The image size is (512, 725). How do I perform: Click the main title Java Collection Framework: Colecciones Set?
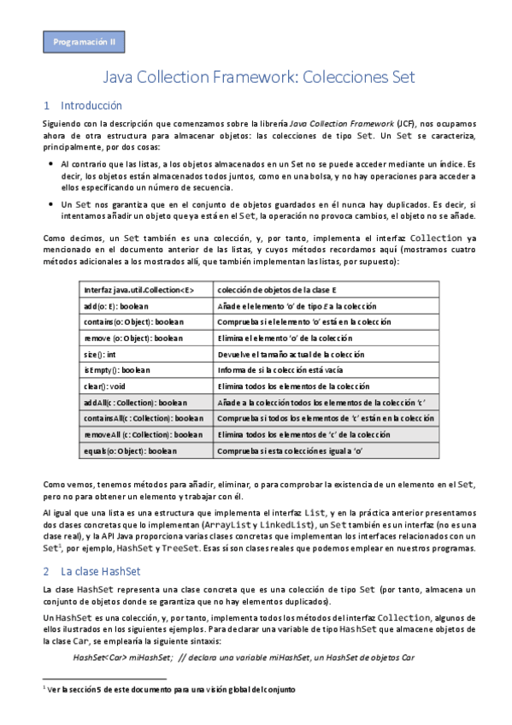click(x=258, y=77)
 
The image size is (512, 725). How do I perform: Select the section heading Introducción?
click(x=91, y=106)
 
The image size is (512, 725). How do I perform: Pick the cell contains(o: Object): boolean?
click(x=132, y=322)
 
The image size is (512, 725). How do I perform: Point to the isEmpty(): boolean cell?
click(x=118, y=370)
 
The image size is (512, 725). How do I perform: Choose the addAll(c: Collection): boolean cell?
click(x=136, y=402)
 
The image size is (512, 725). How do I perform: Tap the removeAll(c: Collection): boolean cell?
click(x=142, y=434)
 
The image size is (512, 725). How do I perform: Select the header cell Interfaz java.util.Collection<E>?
click(x=139, y=290)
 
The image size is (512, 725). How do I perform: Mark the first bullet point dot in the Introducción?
click(x=52, y=163)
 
